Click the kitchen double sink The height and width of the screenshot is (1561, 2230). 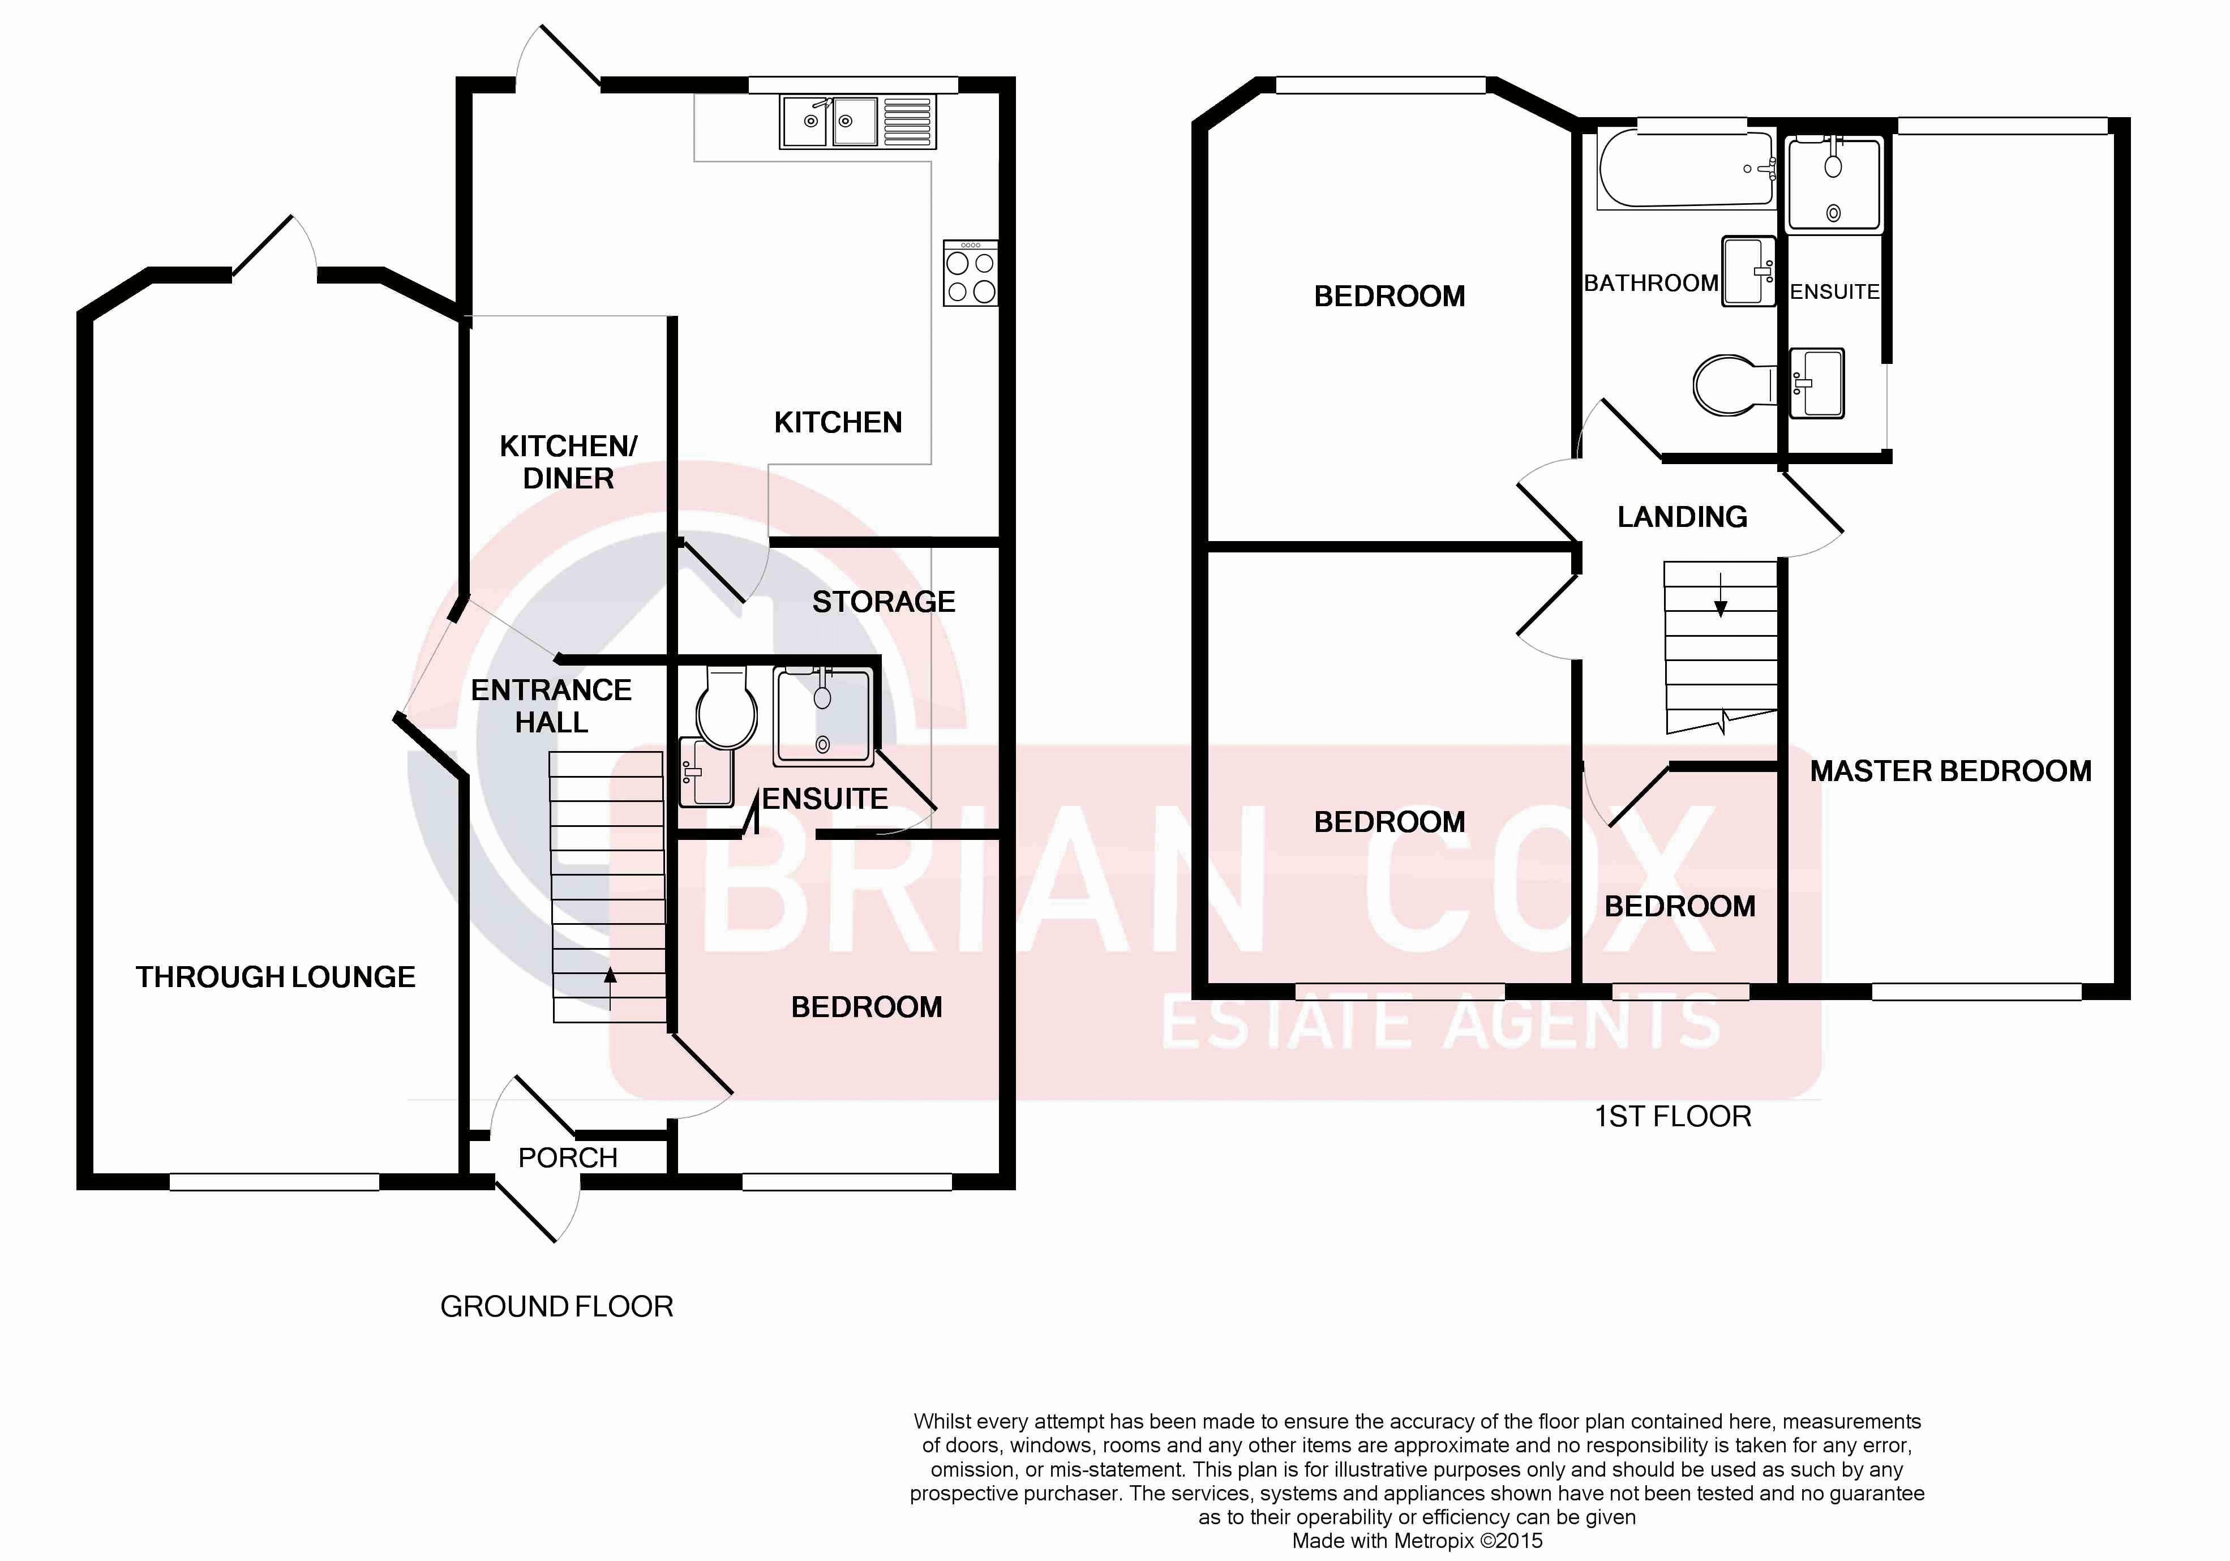tap(857, 122)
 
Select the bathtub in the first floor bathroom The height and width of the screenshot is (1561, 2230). tap(1686, 170)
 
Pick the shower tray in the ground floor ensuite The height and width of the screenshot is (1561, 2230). tap(822, 716)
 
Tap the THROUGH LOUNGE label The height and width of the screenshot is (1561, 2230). tap(276, 977)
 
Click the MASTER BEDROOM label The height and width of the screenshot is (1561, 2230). tap(1950, 771)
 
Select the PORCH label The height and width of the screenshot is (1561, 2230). tap(568, 1158)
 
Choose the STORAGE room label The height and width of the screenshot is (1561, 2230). tap(884, 602)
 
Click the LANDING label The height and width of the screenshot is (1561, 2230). tap(1682, 517)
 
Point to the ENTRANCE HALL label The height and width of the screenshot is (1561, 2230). tap(552, 706)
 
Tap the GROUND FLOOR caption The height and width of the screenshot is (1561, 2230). tap(556, 1306)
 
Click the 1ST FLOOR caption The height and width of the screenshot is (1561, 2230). tap(1672, 1116)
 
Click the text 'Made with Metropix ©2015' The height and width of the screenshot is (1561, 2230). tap(1417, 1541)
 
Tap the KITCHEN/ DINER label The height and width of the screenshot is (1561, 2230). tap(568, 462)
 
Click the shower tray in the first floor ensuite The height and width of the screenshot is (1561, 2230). tap(1834, 183)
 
